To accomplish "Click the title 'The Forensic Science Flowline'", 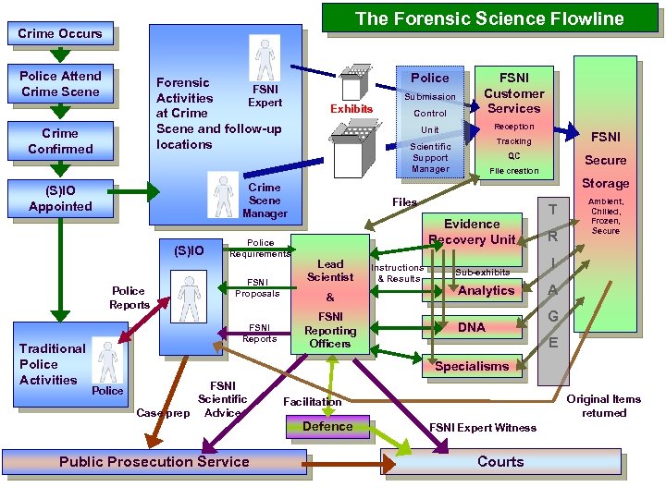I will pyautogui.click(x=489, y=18).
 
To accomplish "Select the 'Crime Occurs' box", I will pyautogui.click(x=61, y=34).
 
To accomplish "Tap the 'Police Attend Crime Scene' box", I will pyautogui.click(x=61, y=83).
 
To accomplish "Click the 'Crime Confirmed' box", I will pyautogui.click(x=61, y=141).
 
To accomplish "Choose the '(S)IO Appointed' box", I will pyautogui.click(x=61, y=199).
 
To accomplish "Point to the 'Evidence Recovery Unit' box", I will pyautogui.click(x=472, y=231).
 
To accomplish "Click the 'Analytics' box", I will pyautogui.click(x=487, y=290).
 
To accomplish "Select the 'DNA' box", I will pyautogui.click(x=471, y=327).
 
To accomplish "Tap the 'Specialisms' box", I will pyautogui.click(x=472, y=366).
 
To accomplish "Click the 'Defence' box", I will pyautogui.click(x=327, y=426).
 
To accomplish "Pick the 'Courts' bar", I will pyautogui.click(x=500, y=461).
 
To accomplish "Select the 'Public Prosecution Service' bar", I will pyautogui.click(x=154, y=461).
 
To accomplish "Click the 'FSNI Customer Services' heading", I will pyautogui.click(x=513, y=93).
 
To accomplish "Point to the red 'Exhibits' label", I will pyautogui.click(x=351, y=109).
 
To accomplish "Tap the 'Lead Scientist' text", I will pyautogui.click(x=330, y=270).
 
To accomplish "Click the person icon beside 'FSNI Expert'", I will pyautogui.click(x=265, y=59).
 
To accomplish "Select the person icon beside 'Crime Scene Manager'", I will pyautogui.click(x=223, y=195).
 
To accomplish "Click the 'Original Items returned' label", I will pyautogui.click(x=604, y=406).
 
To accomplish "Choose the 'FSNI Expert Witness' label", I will pyautogui.click(x=483, y=428).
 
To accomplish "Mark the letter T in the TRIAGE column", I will pyautogui.click(x=553, y=210).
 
